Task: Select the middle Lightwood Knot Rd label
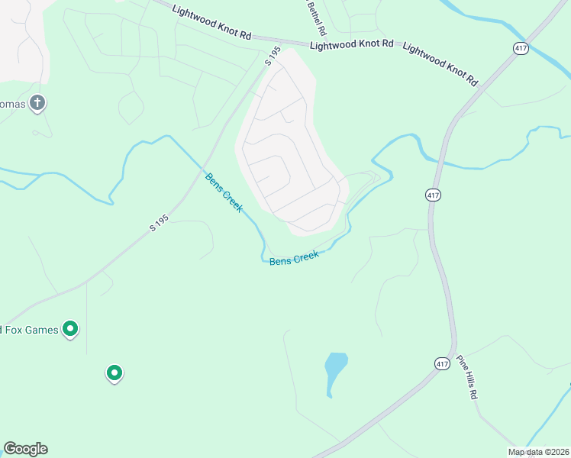(352, 46)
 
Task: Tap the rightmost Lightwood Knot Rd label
(440, 63)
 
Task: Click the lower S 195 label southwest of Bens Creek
(159, 222)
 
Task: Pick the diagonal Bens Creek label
(224, 192)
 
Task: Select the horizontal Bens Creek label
(293, 259)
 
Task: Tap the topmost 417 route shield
(521, 48)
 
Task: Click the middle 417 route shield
(433, 195)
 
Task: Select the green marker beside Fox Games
(70, 329)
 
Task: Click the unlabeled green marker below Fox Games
(114, 373)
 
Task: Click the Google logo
(25, 449)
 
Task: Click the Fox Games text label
(28, 330)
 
